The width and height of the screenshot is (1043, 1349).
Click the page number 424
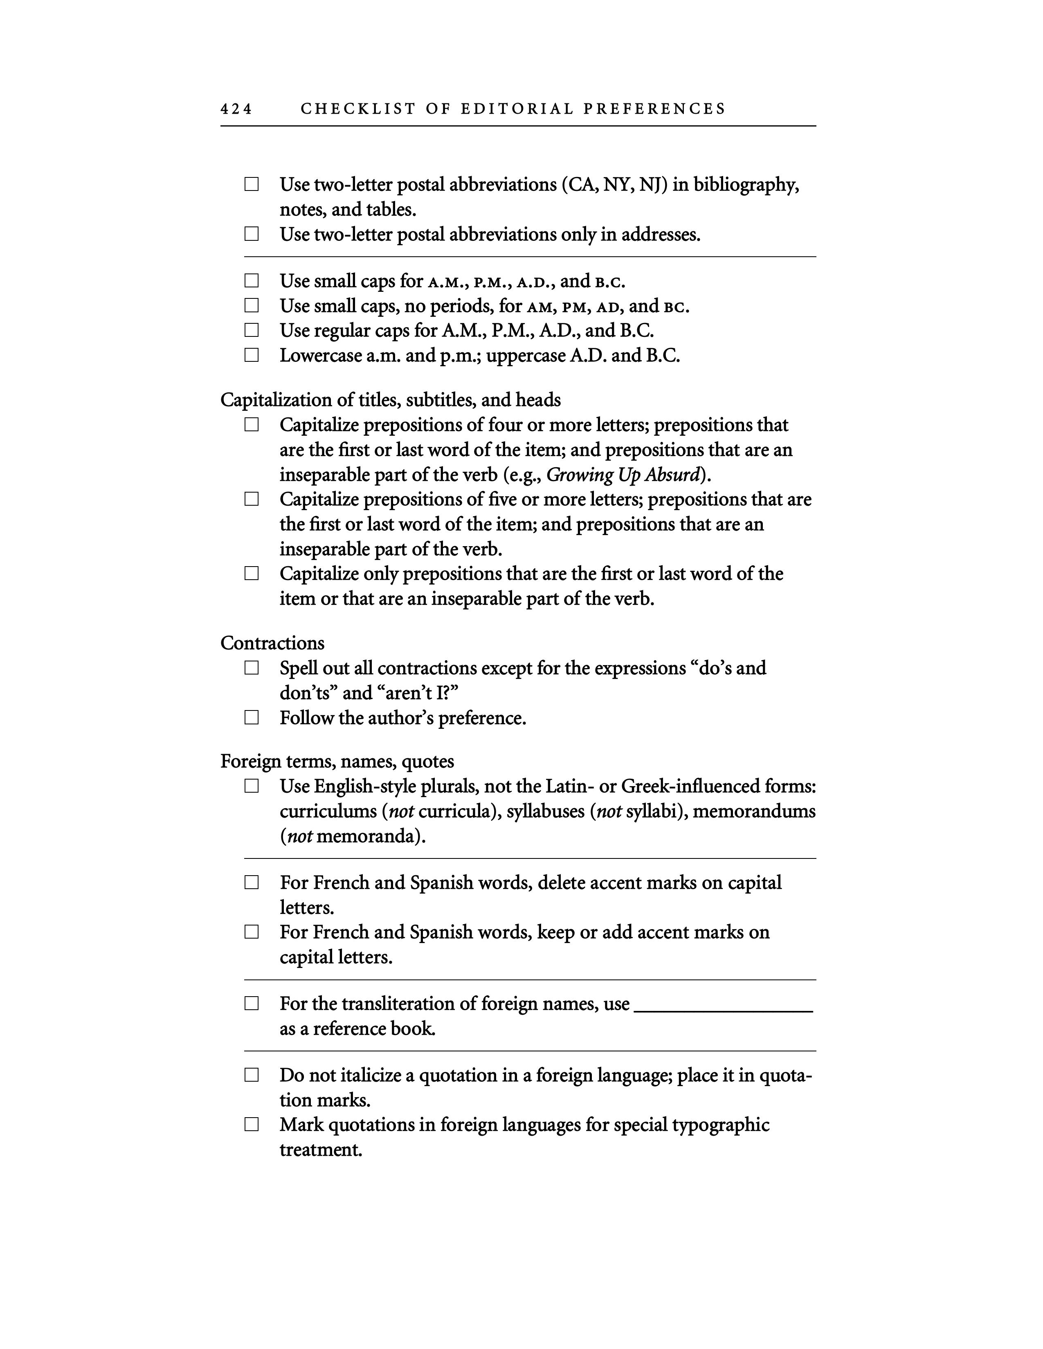[236, 109]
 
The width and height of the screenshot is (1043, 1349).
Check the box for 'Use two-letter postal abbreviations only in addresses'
[252, 234]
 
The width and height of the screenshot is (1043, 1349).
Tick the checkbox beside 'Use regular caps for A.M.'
[252, 330]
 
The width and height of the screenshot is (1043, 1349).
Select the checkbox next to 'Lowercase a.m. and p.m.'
[252, 355]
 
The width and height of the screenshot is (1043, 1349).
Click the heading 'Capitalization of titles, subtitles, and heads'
[391, 400]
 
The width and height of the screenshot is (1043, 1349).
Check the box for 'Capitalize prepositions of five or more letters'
[252, 499]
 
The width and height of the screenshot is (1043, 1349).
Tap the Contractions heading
[272, 643]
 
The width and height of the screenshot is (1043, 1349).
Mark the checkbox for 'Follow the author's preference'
[252, 718]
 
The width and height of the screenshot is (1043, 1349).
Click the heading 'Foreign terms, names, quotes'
[337, 762]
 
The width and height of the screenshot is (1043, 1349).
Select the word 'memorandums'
[754, 811]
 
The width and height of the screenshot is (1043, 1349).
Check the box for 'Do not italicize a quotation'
[252, 1076]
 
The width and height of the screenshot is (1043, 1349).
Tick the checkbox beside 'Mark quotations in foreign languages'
[252, 1125]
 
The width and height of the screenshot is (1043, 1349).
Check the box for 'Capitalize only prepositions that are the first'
[252, 574]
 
